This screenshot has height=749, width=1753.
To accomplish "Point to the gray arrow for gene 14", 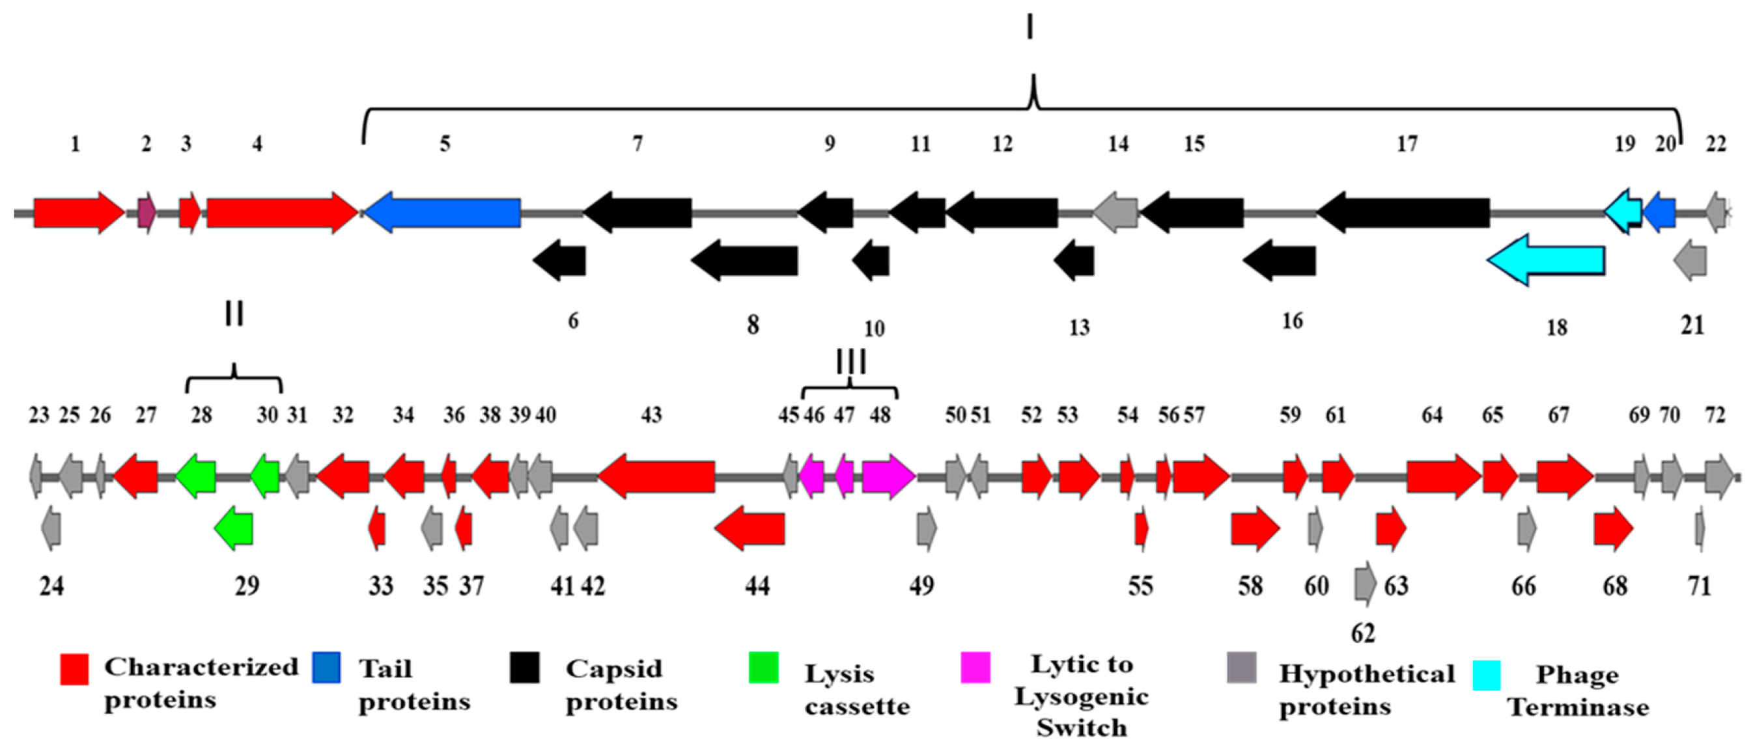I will click(1116, 213).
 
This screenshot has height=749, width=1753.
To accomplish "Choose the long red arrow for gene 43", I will click(656, 477).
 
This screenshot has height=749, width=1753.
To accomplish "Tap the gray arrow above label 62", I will click(1364, 584).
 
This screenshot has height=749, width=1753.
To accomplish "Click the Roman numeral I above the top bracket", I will click(1030, 28).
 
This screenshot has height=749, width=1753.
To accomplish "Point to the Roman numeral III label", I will click(851, 362).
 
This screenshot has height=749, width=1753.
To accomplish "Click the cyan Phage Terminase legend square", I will click(1486, 675).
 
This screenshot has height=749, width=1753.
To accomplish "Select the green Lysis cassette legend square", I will click(764, 668).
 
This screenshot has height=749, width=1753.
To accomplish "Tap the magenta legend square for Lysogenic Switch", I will click(975, 668).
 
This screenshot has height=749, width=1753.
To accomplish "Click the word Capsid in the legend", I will click(614, 669).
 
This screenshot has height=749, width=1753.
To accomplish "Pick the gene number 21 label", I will click(1692, 325).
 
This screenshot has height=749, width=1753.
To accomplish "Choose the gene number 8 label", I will click(753, 325).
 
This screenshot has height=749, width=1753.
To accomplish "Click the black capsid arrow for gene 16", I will click(1280, 260).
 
